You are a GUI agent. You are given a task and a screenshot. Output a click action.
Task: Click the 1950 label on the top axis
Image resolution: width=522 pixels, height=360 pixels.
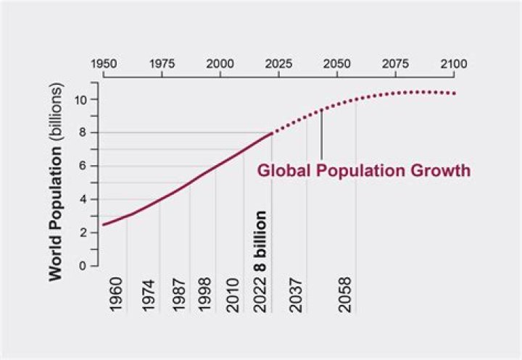coord(104,64)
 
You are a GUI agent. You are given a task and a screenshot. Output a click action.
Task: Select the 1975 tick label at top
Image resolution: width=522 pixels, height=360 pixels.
coord(162,64)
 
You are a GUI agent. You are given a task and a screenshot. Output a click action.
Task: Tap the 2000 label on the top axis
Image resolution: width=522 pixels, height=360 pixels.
coord(220,64)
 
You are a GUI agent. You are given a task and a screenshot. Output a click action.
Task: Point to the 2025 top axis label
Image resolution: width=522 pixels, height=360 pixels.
coord(278,64)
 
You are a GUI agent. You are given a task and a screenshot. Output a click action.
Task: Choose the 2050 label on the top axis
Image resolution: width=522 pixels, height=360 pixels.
coord(336,64)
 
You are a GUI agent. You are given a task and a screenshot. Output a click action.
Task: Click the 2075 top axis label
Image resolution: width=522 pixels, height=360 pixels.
coord(395,64)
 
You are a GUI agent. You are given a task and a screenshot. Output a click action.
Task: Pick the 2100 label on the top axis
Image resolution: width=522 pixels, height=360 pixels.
coord(453,64)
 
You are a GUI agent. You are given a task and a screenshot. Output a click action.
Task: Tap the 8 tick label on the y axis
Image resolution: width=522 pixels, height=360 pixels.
coord(84,133)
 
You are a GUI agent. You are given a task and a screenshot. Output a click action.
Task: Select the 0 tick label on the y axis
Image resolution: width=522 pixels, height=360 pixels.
coord(84,266)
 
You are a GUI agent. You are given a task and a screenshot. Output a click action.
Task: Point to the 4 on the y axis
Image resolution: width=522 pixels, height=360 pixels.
coord(84,199)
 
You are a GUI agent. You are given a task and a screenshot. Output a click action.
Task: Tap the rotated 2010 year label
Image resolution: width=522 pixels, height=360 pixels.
coord(233,293)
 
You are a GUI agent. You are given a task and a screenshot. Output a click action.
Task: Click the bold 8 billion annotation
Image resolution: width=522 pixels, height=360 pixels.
coord(260,240)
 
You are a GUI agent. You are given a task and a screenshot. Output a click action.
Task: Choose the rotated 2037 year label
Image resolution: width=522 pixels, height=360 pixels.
coord(296,293)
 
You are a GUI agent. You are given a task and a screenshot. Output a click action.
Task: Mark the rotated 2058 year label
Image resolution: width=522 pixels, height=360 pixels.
coord(345,293)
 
